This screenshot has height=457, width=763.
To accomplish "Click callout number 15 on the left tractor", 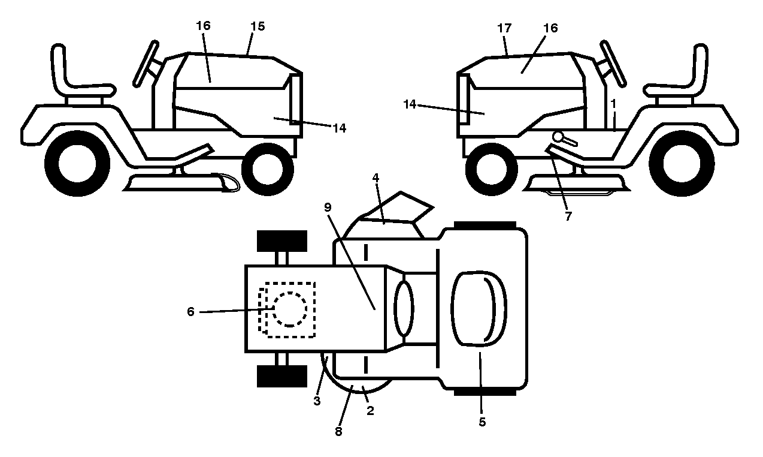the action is tap(258, 26).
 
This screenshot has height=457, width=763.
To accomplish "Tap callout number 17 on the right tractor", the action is tap(504, 28).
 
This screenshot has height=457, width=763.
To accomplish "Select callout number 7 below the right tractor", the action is tap(568, 217).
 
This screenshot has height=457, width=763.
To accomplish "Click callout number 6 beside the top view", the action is tap(190, 311).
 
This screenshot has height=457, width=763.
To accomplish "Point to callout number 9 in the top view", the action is tap(328, 207).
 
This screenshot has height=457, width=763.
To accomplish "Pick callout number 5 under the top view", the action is tap(482, 422).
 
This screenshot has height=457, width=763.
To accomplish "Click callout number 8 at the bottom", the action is tap(338, 431).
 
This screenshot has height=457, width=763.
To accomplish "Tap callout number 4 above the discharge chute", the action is tap(376, 178).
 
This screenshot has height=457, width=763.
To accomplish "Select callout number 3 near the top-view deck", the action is tap(317, 401).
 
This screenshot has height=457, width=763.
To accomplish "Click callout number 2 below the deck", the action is tap(370, 411).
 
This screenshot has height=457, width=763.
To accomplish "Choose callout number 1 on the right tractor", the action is tap(613, 104).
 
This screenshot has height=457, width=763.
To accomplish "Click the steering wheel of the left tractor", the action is tap(146, 64).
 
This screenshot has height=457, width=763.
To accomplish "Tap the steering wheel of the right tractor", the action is tap(613, 64).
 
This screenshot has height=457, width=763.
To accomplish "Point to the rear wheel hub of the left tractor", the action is tap(77, 163).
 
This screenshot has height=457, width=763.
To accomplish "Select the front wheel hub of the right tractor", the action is tap(491, 170).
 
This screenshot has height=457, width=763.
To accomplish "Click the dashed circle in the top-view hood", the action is tap(290, 309).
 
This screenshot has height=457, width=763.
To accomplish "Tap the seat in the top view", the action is tap(479, 309).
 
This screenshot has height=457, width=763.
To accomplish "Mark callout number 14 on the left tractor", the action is tap(339, 128).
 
